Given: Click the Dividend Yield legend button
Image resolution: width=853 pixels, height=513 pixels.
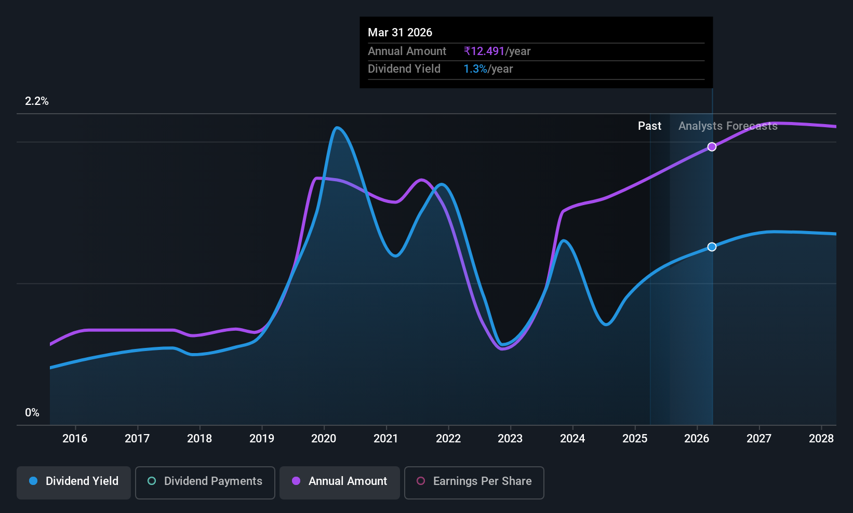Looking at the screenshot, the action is (73, 482).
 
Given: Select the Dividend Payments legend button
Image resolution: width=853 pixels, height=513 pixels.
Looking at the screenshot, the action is (205, 482).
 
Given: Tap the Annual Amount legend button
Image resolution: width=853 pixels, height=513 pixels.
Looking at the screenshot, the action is (340, 482).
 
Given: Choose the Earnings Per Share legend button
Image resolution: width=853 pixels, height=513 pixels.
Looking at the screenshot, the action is (474, 482).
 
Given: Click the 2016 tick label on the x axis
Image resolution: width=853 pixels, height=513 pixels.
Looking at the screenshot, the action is (75, 438).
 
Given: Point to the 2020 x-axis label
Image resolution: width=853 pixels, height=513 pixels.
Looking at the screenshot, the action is (324, 438).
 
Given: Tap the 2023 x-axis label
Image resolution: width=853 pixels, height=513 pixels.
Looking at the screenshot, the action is (510, 438).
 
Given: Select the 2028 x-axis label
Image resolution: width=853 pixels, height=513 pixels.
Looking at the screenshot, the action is (821, 438).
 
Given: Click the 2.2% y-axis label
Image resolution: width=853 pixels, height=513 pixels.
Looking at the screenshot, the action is (37, 101).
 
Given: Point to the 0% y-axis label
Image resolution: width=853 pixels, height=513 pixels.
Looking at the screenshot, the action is (32, 413).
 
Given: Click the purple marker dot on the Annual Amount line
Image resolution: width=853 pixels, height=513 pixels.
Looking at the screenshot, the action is (712, 147).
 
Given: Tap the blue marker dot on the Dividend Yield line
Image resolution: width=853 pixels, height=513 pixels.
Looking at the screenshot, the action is (712, 247).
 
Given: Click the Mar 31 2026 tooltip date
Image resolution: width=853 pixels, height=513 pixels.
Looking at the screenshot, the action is (400, 33).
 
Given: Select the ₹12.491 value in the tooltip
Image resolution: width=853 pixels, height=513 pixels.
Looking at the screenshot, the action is (484, 51).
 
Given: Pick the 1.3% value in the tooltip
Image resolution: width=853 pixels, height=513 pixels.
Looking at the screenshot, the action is (475, 69).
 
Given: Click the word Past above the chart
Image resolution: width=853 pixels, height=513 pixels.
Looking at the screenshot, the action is (650, 126).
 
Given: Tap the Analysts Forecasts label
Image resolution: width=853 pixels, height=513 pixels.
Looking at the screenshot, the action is (728, 126).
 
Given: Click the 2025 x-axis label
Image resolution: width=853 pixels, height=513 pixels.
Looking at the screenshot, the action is (635, 438).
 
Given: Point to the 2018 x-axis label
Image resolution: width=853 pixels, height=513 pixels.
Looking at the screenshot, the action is (199, 438).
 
